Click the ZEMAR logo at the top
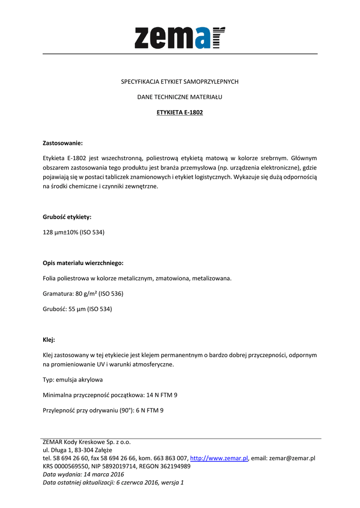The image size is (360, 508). [x=180, y=37]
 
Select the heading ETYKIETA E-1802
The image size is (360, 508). [x=180, y=113]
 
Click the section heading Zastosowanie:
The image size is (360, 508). [x=63, y=143]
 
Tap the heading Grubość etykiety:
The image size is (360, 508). [x=67, y=217]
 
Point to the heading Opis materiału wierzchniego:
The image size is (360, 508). [x=83, y=263]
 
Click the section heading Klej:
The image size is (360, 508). [x=49, y=340]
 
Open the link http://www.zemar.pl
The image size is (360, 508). [x=219, y=458]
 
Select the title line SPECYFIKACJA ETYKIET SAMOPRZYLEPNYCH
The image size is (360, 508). [x=180, y=81]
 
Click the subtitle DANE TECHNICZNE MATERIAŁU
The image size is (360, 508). [x=180, y=97]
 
